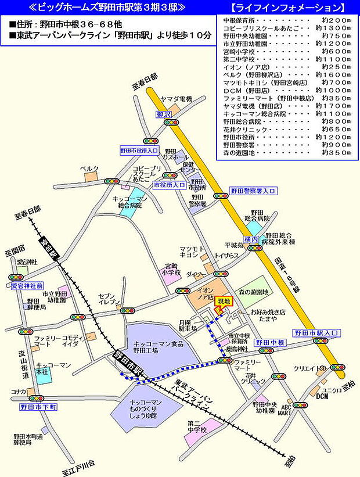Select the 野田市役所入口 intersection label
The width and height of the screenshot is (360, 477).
click(139, 150)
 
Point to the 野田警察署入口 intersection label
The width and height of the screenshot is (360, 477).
click(253, 191)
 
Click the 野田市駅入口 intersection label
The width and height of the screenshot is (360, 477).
click(316, 333)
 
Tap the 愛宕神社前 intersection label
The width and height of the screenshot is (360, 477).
click(27, 286)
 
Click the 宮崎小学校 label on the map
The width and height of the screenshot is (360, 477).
click(172, 268)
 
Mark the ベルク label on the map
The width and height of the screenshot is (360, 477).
click(90, 168)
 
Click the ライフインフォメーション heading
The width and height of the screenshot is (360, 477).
click(287, 8)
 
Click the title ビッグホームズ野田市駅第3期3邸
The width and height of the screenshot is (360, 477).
click(107, 8)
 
